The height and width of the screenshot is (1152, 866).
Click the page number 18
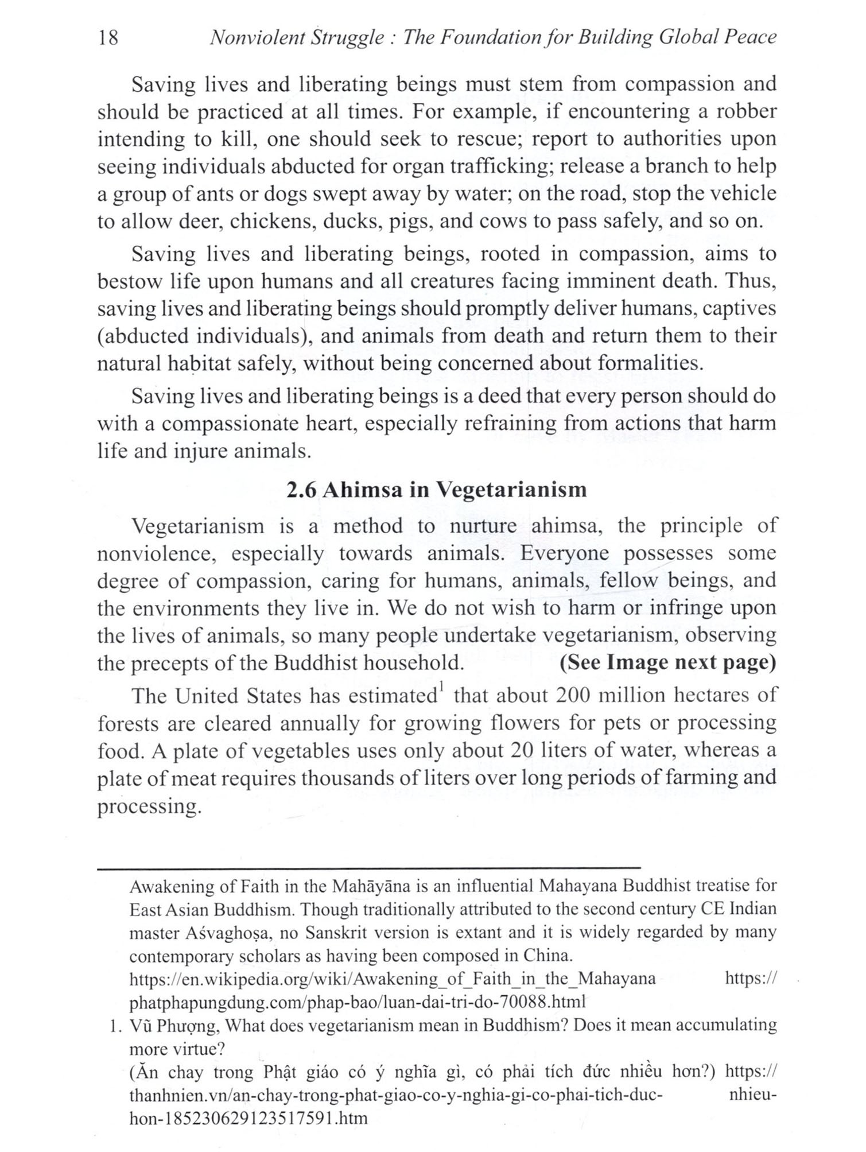(108, 38)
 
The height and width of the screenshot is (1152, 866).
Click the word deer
(199, 222)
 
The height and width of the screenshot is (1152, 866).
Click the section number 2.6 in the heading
(302, 490)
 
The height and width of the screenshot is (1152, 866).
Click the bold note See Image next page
(667, 662)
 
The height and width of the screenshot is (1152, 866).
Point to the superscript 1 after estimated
(441, 688)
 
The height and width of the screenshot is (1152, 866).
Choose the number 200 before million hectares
(574, 696)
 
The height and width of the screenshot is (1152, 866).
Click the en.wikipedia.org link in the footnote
(393, 979)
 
